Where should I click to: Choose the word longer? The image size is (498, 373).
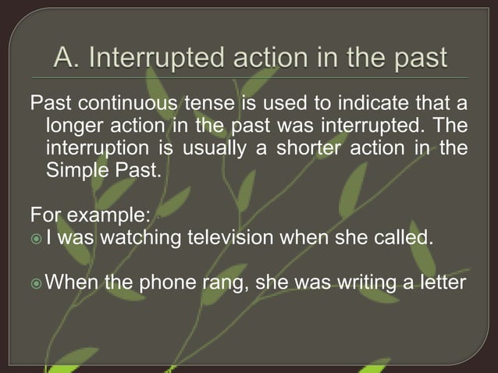(76, 126)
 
